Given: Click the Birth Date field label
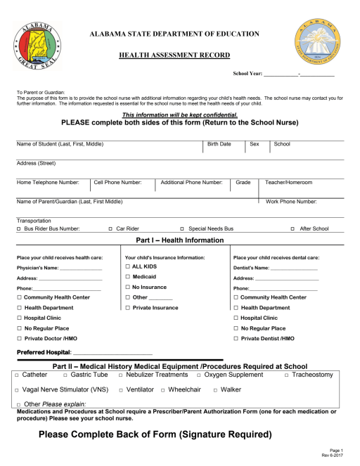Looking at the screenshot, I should tap(219, 144).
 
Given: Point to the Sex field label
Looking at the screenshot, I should tap(255, 144).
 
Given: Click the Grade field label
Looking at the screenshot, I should tap(243, 183).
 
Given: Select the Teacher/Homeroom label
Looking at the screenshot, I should tap(288, 183).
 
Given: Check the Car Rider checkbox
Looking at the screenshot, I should tap(110, 228).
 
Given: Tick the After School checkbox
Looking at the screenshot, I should tap(293, 228).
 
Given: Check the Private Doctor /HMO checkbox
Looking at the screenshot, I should tap(19, 339).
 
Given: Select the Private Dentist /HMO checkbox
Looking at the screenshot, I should tap(236, 339).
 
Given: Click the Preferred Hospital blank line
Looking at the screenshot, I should tap(112, 353).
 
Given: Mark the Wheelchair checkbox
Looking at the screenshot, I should tap(163, 389).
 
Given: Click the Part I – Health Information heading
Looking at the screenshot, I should tap(179, 240).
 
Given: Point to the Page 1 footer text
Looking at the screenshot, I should tap(335, 450).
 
